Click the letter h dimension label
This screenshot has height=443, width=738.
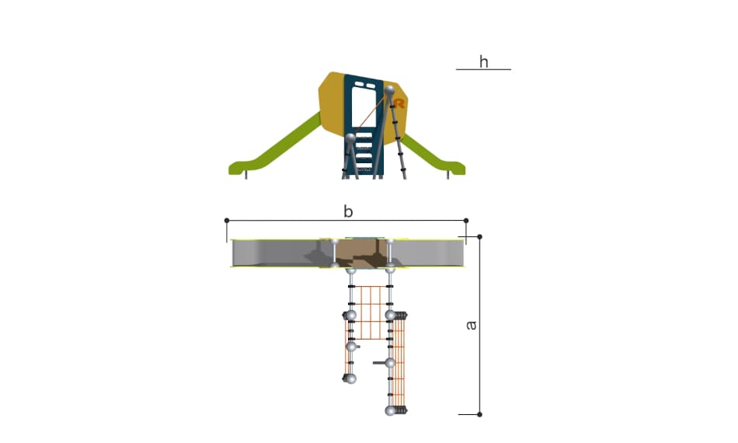point(483,61)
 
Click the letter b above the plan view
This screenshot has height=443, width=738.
point(348,212)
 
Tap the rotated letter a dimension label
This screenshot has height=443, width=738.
point(471,326)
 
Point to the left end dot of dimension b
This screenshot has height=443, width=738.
point(227,220)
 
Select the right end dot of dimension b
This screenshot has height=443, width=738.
point(466,220)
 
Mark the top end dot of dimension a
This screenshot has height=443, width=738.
point(479,237)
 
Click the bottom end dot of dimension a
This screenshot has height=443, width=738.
point(479,415)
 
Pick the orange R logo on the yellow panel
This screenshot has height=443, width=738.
point(399,103)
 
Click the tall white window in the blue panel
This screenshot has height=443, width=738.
point(364,108)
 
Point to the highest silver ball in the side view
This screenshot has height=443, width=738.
point(390,89)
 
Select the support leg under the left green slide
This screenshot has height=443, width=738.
point(246,175)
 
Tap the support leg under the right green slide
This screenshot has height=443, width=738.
point(448,175)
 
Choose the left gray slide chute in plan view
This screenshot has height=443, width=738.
point(283,253)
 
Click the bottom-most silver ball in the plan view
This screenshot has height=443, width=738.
point(390,411)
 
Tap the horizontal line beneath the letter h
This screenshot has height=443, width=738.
point(483,70)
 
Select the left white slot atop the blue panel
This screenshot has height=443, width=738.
point(360,85)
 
